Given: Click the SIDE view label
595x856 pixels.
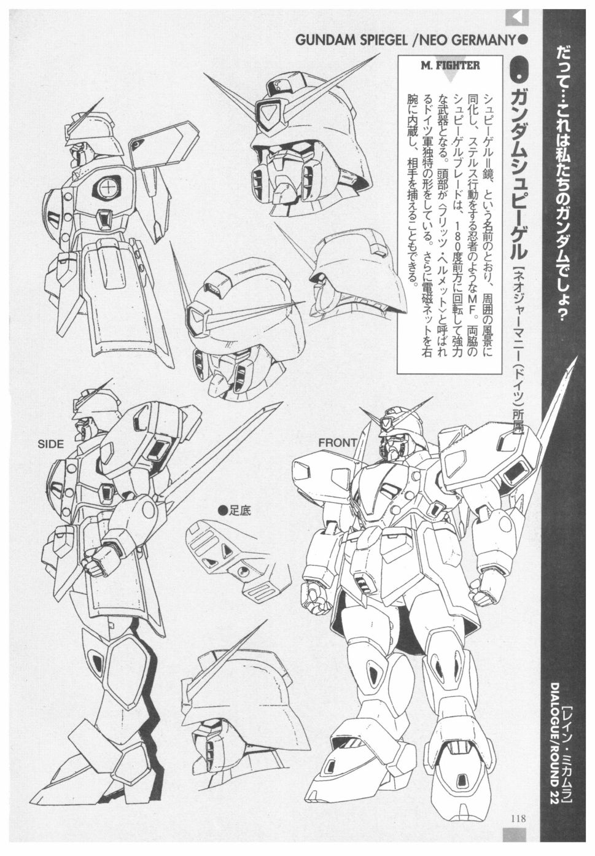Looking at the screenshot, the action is [x=50, y=443].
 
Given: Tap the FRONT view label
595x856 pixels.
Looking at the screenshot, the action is [x=338, y=443].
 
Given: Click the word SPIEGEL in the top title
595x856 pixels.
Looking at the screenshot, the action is [x=367, y=41].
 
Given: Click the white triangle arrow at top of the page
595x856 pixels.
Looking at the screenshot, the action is [x=517, y=18].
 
